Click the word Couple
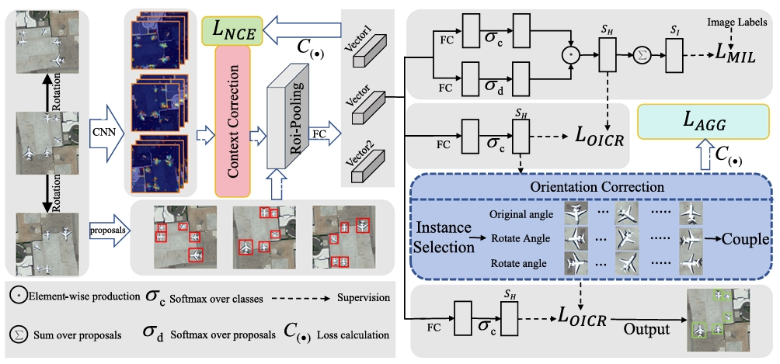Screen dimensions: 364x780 point(743,239)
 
